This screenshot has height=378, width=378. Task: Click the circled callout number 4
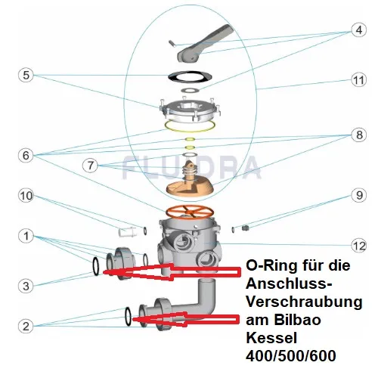tap(359, 29)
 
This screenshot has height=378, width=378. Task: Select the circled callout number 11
tap(359, 80)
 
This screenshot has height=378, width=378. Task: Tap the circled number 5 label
tap(26, 75)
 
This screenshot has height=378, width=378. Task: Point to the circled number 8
tap(359, 135)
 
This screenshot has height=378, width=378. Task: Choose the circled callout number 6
tap(26, 155)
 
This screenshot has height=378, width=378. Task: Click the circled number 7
tap(90, 166)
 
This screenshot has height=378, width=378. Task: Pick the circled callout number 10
tap(26, 196)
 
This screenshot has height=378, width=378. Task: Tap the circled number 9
tap(359, 195)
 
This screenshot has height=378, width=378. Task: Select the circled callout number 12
tap(359, 245)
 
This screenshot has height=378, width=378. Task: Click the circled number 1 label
tap(26, 236)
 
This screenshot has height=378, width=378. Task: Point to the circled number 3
tap(26, 286)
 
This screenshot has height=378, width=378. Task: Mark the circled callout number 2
tap(26, 326)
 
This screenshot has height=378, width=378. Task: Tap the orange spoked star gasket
tap(190, 211)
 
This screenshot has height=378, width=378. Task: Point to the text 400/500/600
tap(291, 356)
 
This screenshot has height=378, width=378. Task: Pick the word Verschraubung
tap(304, 302)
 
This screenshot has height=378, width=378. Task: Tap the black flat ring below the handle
tap(190, 76)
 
